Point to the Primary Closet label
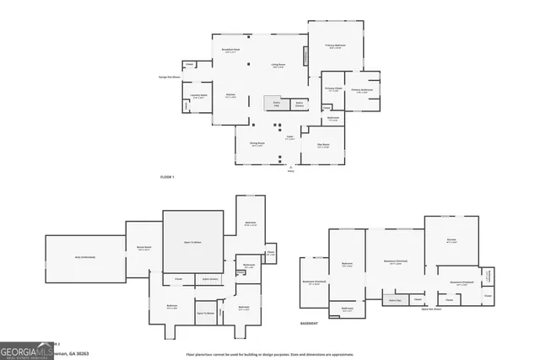pyautogui.click(x=333, y=89)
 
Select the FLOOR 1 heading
pyautogui.click(x=166, y=176)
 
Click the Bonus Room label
pyautogui.click(x=143, y=248)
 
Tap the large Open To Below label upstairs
pyautogui.click(x=193, y=243)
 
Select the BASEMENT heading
pyautogui.click(x=310, y=323)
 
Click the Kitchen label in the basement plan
pyautogui.click(x=451, y=240)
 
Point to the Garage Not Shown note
pyautogui.click(x=170, y=77)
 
